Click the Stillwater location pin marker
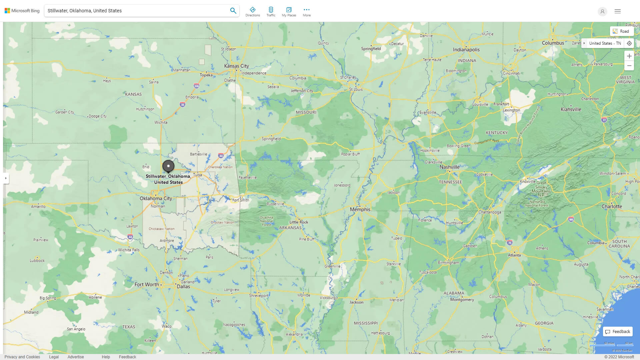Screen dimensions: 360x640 (168, 166)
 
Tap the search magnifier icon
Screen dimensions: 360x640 (233, 11)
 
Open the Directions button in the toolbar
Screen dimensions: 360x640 (252, 12)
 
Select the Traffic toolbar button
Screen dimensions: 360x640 (271, 12)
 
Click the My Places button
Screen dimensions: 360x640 (289, 12)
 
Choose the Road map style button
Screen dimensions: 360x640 (621, 31)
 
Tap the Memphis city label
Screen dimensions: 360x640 (360, 209)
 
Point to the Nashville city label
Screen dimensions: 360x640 (449, 167)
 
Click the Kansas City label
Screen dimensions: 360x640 (236, 66)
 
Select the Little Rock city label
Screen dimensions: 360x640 (299, 222)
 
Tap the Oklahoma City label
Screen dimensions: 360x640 (156, 198)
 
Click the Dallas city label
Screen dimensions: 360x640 (183, 287)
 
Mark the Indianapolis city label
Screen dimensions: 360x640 (466, 50)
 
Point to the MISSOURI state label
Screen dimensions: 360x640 (306, 112)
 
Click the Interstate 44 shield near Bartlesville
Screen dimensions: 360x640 (221, 155)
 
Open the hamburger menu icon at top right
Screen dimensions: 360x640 (617, 11)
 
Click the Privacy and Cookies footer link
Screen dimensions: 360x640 (22, 357)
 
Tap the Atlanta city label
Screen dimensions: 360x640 (514, 255)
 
